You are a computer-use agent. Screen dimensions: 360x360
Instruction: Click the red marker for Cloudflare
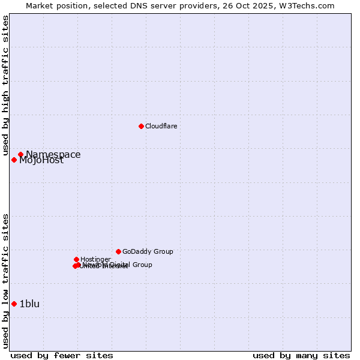tap(141, 126)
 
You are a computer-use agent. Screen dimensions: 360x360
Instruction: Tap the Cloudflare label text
tap(161, 126)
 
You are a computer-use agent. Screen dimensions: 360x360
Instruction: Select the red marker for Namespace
tap(20, 154)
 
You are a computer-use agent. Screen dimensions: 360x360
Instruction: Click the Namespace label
tap(53, 154)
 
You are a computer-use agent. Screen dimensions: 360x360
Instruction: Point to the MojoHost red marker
tap(14, 160)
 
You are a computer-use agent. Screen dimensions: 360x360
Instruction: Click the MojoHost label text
tap(41, 160)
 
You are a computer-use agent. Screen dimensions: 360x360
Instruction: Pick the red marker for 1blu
tap(14, 304)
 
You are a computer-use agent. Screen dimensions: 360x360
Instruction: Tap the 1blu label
tap(29, 304)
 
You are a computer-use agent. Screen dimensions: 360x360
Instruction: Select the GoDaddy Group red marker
tap(118, 251)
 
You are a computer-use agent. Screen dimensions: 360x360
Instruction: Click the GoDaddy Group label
tap(148, 251)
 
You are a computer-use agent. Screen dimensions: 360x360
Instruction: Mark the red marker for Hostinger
tap(76, 259)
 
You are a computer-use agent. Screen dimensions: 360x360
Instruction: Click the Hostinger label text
tap(95, 259)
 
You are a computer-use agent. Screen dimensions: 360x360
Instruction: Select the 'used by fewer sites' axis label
tap(61, 355)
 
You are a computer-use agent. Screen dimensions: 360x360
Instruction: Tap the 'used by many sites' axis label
tap(301, 355)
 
